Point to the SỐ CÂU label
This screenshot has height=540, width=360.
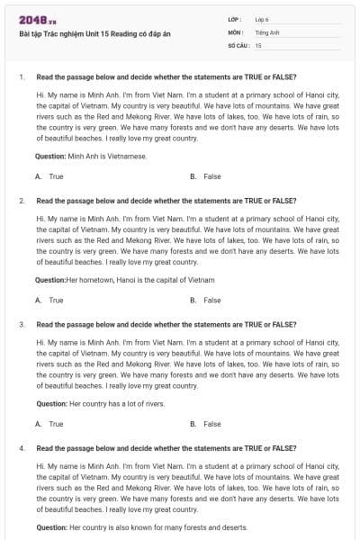238,44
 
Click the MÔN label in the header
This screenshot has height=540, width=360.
235,31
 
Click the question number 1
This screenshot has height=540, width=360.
22,77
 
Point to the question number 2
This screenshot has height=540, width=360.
22,201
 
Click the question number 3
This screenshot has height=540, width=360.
22,324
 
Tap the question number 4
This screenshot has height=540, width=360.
22,447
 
